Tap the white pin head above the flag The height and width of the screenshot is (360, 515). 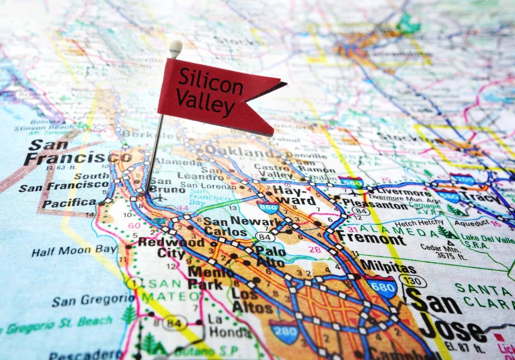175,47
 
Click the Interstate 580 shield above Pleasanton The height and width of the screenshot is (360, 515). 350,182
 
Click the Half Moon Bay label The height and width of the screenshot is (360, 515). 74,250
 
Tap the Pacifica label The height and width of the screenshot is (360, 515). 70,202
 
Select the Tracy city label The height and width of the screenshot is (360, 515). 481,198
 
